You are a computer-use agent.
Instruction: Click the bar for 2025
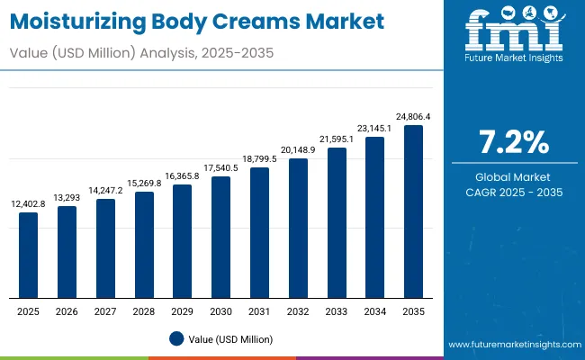[29, 256]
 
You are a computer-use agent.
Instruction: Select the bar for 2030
[220, 238]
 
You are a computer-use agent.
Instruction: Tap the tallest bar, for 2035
[413, 212]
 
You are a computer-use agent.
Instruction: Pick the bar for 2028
[144, 245]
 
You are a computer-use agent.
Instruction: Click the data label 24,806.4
[413, 116]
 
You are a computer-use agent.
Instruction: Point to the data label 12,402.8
[29, 203]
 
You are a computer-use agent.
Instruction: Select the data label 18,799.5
[259, 158]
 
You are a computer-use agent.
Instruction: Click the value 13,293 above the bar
[67, 197]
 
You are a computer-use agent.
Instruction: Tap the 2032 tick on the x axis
[298, 310]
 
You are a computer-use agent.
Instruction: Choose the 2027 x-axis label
[105, 310]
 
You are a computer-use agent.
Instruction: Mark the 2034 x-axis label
[374, 310]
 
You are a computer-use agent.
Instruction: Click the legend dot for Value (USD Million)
[175, 339]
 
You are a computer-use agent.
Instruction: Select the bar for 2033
[337, 223]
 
